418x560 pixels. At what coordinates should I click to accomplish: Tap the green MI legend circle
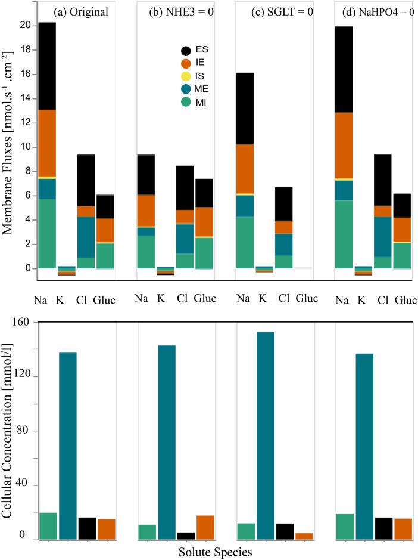tap(186, 102)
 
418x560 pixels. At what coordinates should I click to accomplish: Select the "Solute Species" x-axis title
tap(216, 552)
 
